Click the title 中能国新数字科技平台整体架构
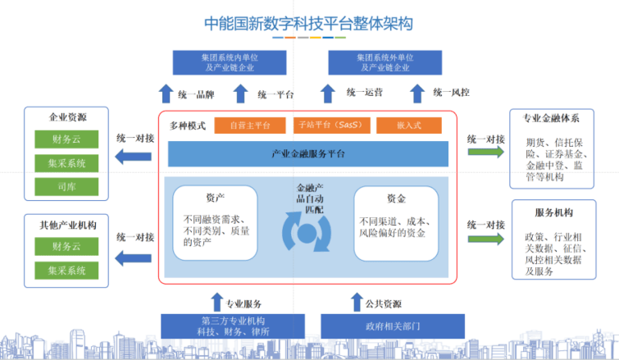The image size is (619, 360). (308, 23)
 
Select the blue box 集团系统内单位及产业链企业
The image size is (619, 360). (230, 62)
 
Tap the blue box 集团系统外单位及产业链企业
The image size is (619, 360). (385, 62)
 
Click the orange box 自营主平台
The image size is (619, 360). (250, 125)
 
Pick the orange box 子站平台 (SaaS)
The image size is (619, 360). (331, 125)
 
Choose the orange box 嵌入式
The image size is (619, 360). (409, 125)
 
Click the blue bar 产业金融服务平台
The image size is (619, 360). (308, 153)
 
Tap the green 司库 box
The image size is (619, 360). (66, 187)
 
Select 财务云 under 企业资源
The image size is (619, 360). (66, 139)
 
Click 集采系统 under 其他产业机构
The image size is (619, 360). (66, 271)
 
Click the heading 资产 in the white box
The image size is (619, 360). (215, 198)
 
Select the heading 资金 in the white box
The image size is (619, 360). (396, 198)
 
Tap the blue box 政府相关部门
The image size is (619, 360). (393, 326)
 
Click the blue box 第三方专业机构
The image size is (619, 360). (233, 326)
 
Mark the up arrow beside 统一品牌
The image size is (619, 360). (166, 93)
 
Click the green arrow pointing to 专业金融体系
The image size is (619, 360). (486, 152)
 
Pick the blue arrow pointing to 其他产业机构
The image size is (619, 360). (133, 258)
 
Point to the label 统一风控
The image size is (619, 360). (451, 93)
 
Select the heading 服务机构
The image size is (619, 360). (553, 212)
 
